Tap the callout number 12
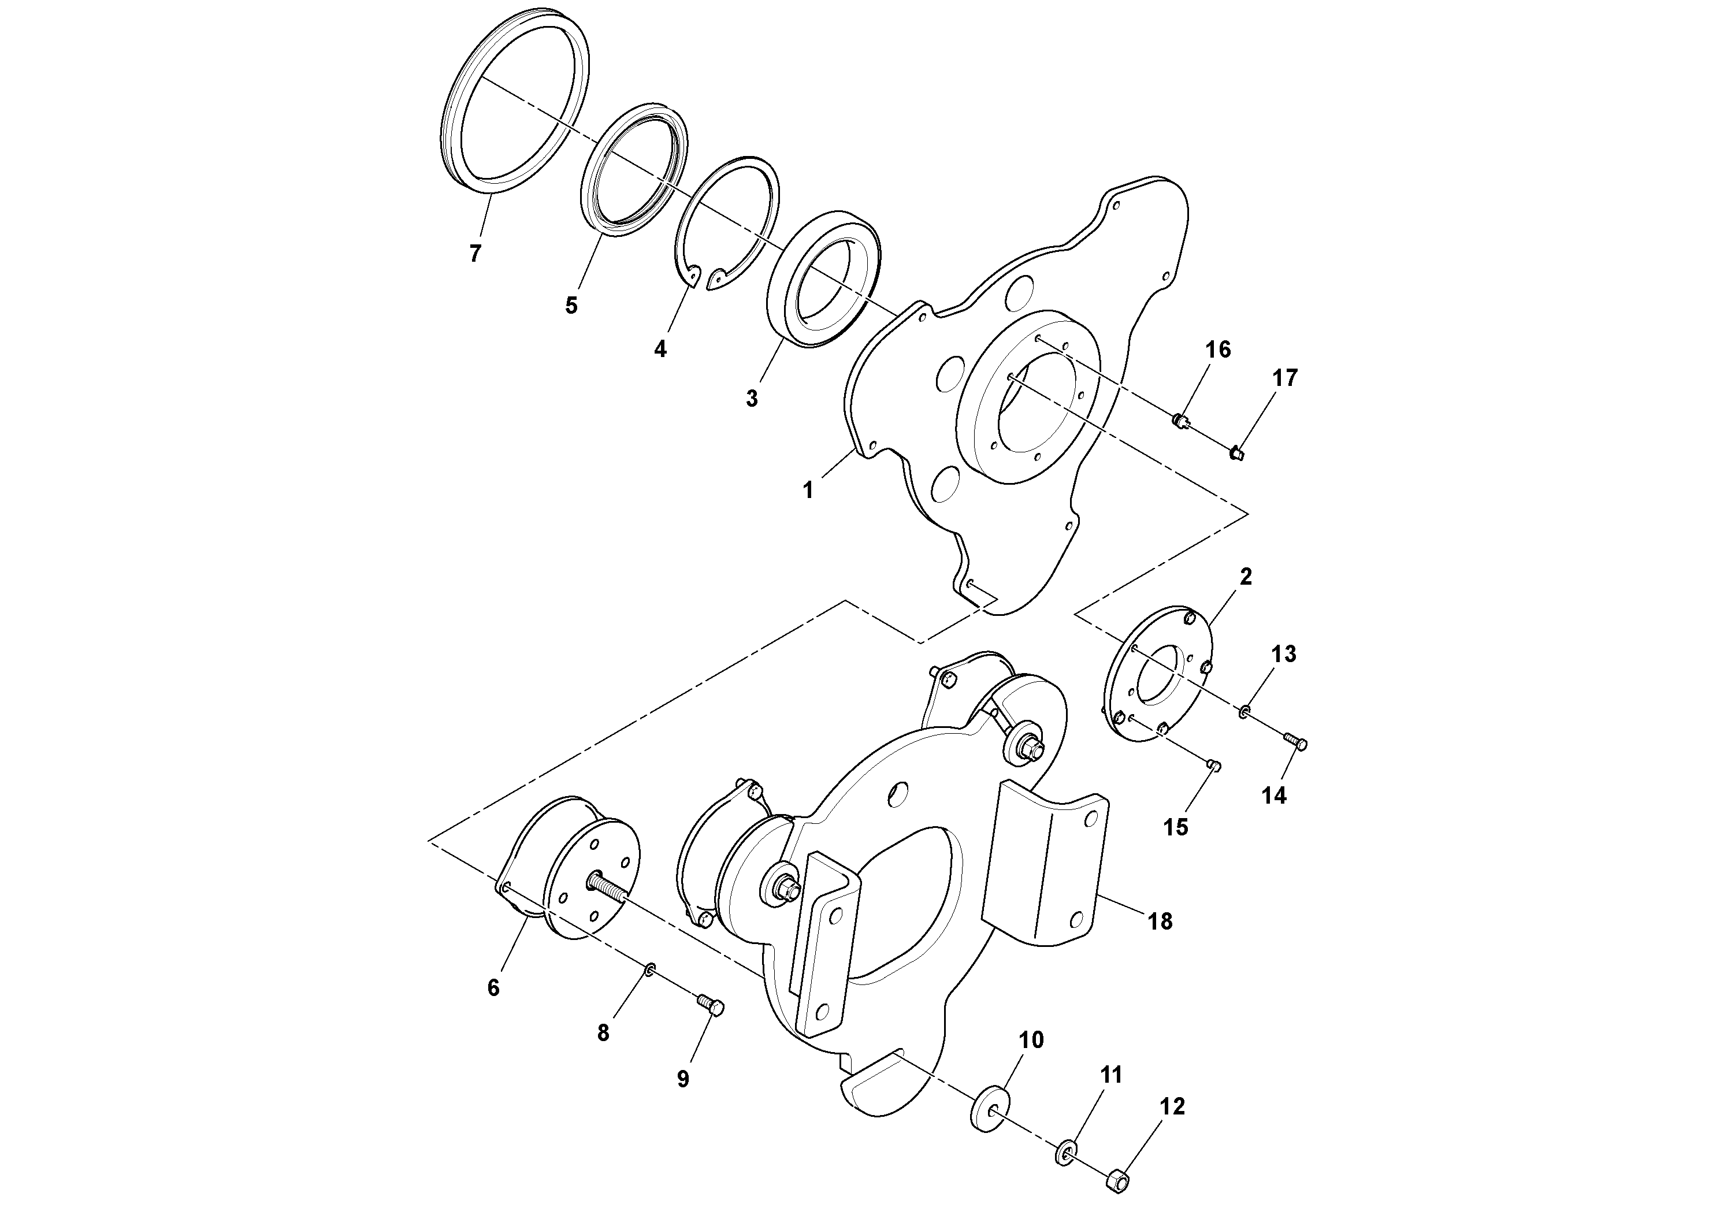point(1172,1106)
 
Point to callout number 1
point(808,490)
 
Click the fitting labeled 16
point(1182,419)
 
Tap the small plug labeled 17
point(1237,453)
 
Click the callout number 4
point(660,349)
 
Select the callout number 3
point(752,399)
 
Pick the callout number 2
point(1246,577)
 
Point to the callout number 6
point(493,988)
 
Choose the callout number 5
point(571,306)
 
